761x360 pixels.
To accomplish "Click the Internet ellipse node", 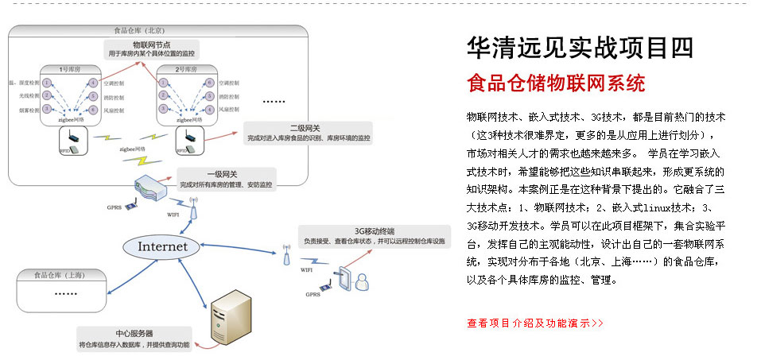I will [163, 246].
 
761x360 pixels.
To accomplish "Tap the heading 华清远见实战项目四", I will [580, 47].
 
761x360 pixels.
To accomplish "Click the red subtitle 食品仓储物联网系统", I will [556, 83].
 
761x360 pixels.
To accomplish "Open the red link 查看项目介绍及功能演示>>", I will [535, 323].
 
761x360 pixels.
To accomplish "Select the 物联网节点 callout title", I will [151, 45].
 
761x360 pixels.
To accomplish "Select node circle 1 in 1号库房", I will [48, 82].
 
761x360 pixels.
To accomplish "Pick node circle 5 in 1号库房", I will [93, 95].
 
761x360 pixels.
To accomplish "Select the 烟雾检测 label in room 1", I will [20, 109].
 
